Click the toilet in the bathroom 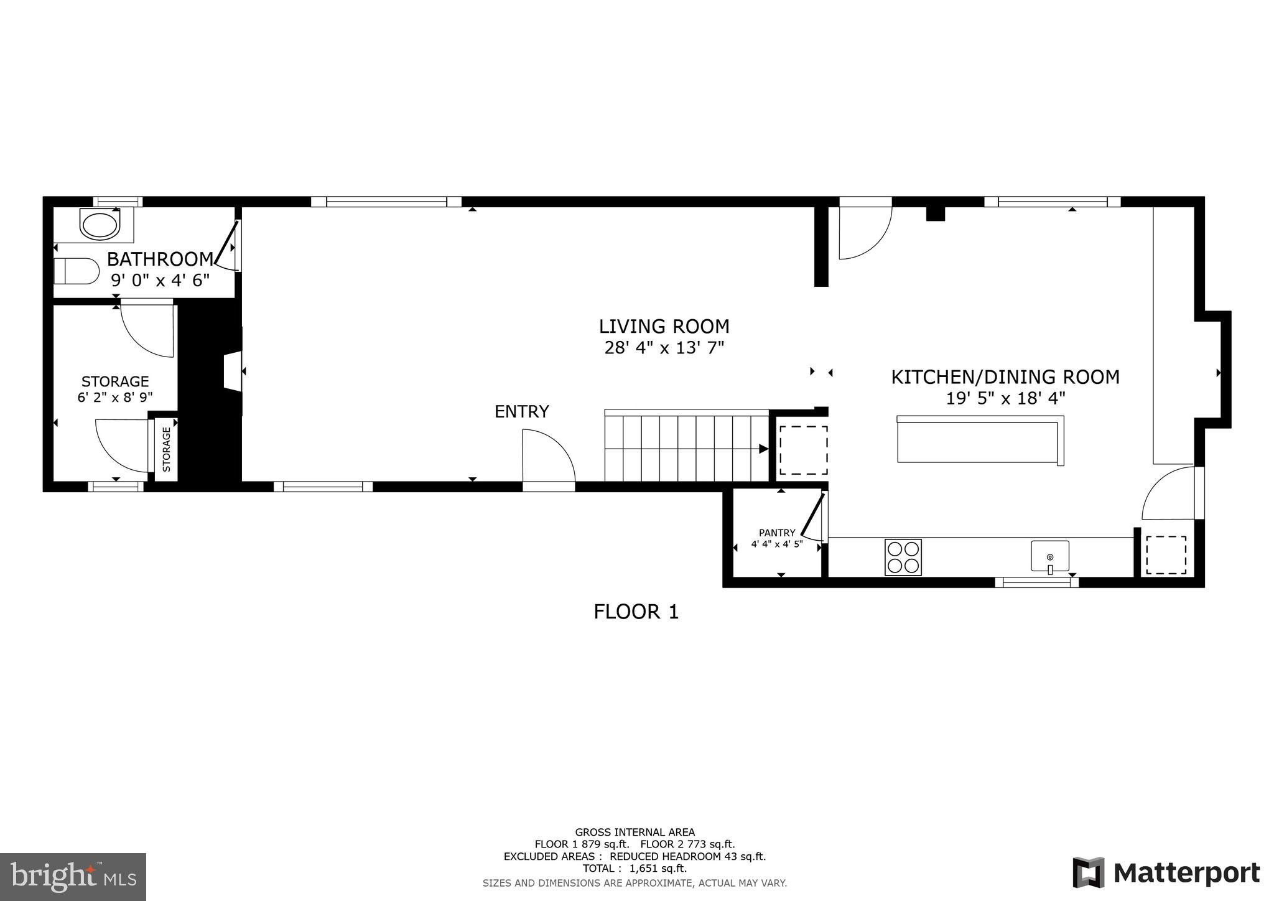[77, 271]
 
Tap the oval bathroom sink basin [100, 225]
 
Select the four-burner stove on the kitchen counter [903, 557]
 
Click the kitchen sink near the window [1050, 556]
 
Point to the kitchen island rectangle [980, 442]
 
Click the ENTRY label [521, 412]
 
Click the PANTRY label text [777, 533]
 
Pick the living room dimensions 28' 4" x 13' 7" [664, 348]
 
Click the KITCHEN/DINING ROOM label [1005, 377]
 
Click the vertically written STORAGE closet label [166, 449]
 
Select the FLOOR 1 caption [636, 612]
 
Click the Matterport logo [1166, 873]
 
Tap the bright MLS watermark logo [73, 877]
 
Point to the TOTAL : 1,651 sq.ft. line [635, 868]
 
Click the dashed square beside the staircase [803, 450]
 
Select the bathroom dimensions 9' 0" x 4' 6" [160, 281]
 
